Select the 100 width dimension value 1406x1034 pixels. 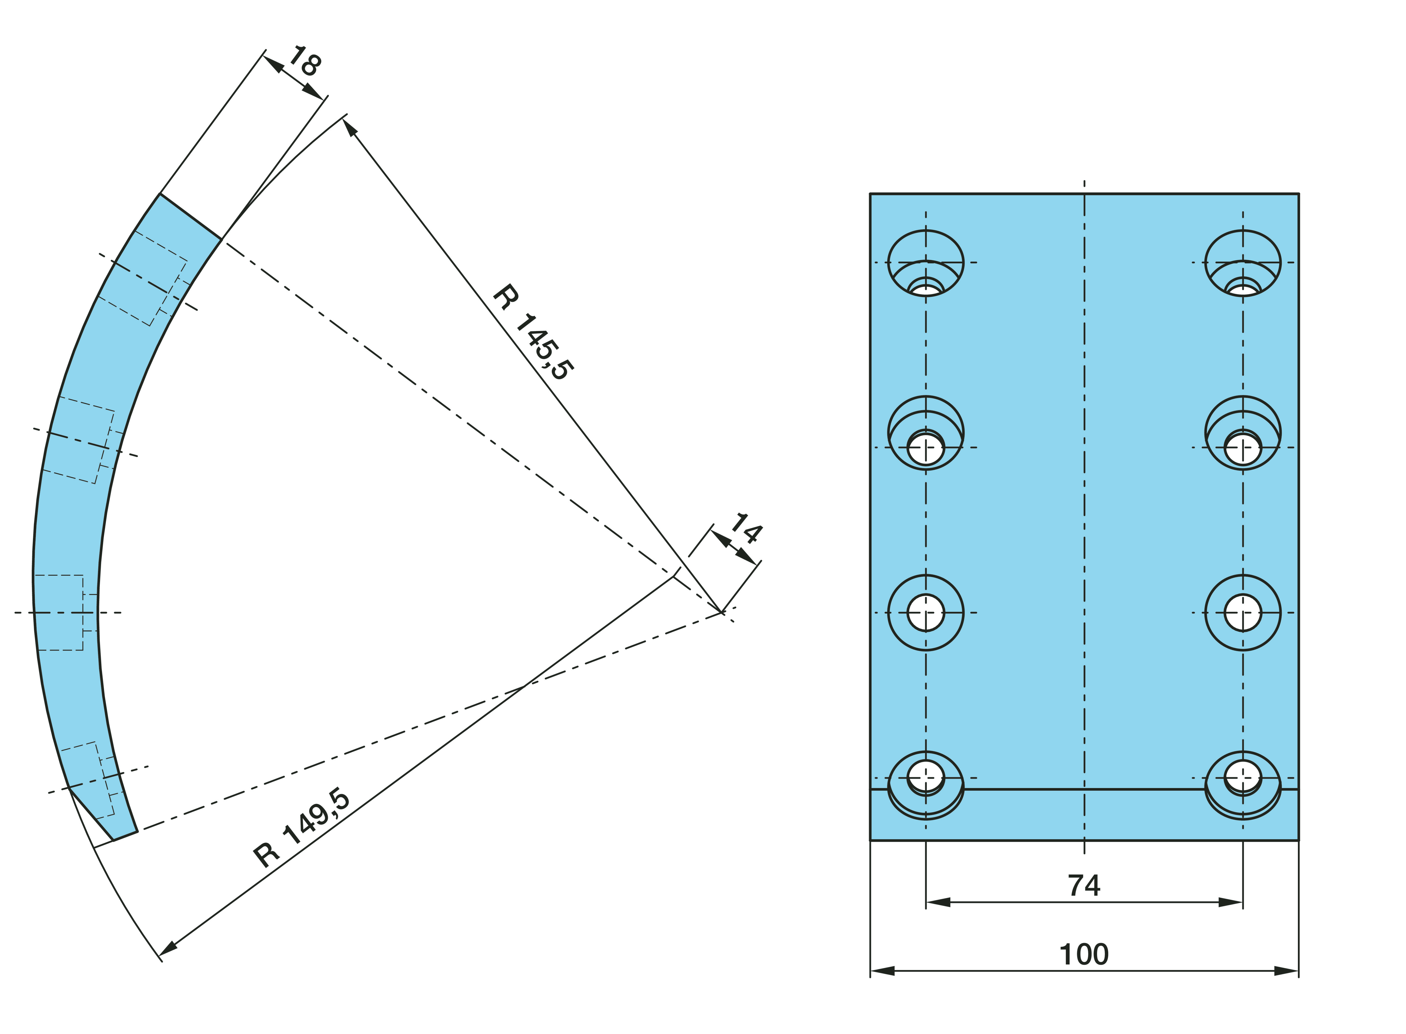pyautogui.click(x=1084, y=955)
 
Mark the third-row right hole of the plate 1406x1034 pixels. pyautogui.click(x=1243, y=613)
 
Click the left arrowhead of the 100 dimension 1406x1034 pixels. pyautogui.click(x=881, y=971)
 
